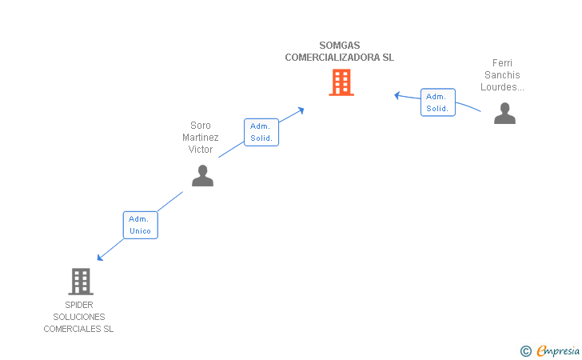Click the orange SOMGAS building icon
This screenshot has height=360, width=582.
[x=341, y=82]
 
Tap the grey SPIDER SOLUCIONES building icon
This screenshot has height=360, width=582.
[x=80, y=281]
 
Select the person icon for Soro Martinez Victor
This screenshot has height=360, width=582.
[x=202, y=175]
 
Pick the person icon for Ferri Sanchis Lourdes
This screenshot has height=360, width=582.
[x=504, y=114]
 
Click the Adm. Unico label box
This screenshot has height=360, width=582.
[x=139, y=225]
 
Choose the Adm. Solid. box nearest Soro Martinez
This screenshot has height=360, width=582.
[x=261, y=132]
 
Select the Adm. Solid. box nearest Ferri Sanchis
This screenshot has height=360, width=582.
[x=437, y=102]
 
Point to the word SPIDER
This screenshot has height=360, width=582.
[x=79, y=305]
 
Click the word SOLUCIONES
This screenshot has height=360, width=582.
[x=79, y=317]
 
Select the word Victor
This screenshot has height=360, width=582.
[x=201, y=150]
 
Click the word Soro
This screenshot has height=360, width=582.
[x=201, y=126]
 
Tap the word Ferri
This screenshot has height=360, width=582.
[x=502, y=63]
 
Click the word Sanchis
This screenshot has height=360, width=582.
[x=502, y=75]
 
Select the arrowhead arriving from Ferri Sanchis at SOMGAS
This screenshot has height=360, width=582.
[x=397, y=95]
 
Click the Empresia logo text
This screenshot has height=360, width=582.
[x=558, y=350]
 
